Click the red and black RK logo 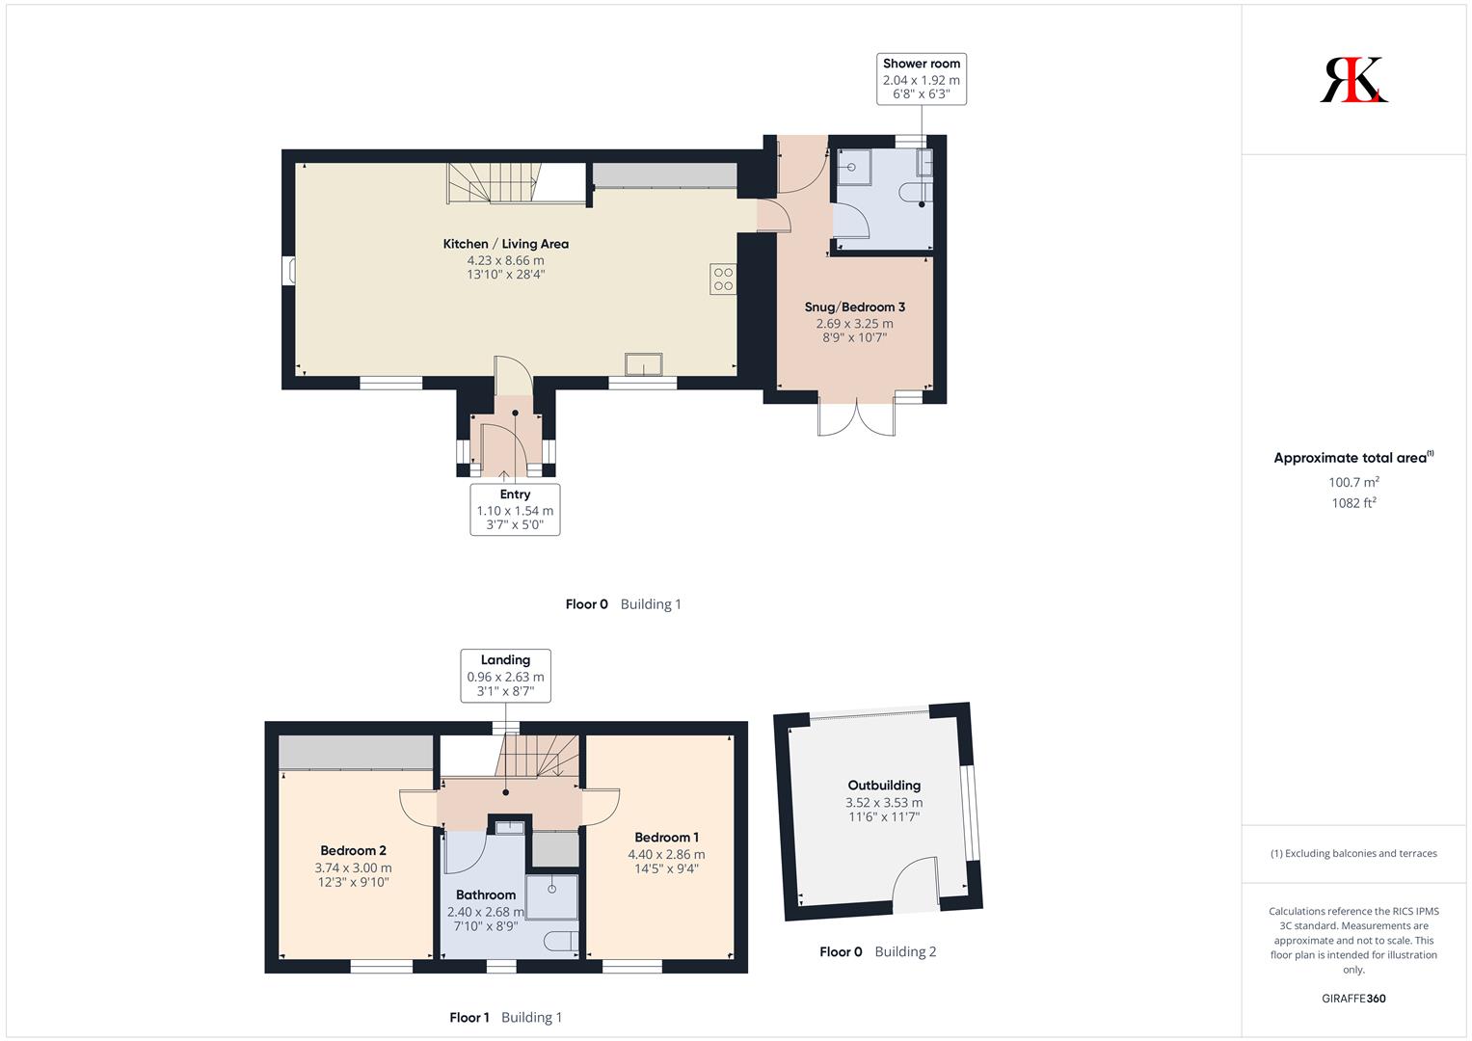point(1353,79)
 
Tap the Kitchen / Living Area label point(505,244)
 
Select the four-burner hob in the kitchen point(723,279)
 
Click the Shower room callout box point(922,79)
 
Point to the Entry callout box point(515,510)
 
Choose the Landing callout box point(505,676)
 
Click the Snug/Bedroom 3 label point(854,307)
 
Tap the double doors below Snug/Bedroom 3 point(856,418)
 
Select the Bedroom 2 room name point(353,850)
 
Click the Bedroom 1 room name point(666,838)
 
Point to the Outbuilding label point(884,786)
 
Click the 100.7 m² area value point(1353,482)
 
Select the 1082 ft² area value point(1353,503)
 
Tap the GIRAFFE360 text point(1353,999)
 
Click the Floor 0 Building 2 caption point(877,951)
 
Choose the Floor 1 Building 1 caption point(505,1017)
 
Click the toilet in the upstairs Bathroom point(561,941)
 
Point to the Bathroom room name point(486,895)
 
